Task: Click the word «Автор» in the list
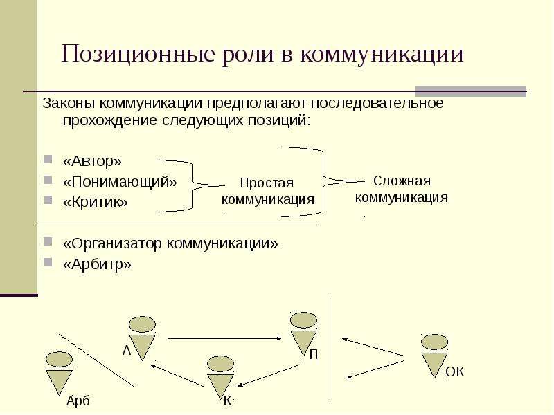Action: pos(92,161)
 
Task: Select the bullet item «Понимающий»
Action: pos(120,182)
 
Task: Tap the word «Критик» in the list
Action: pos(96,202)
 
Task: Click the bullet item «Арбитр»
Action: pos(97,264)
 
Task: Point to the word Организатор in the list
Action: pos(112,243)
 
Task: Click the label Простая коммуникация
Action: pos(267,191)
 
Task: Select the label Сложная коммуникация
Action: pos(402,189)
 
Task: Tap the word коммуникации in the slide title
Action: pos(382,55)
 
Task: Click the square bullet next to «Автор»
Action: pos(48,160)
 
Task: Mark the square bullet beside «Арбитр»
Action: pos(48,262)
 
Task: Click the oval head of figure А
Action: pos(142,324)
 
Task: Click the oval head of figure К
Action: pos(220,365)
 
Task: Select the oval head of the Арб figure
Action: pos(59,360)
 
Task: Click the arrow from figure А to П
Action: pos(224,339)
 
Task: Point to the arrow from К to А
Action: pos(177,375)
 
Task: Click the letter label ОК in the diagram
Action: pos(455,371)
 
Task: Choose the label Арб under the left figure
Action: pos(78,401)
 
